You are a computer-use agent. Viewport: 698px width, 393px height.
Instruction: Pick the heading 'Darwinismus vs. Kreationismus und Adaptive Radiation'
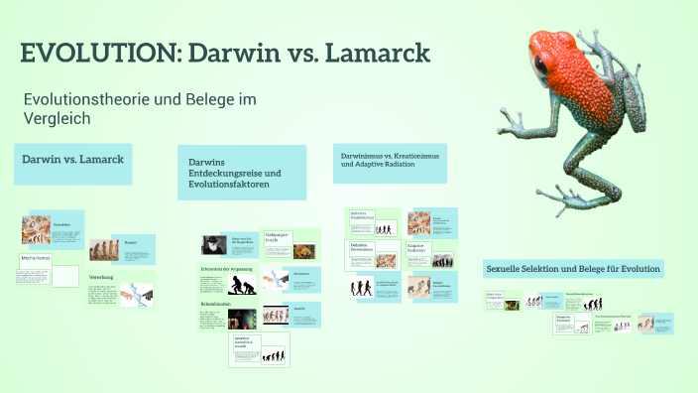click(x=390, y=161)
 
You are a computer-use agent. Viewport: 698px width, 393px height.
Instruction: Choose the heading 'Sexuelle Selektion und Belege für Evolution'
click(x=572, y=269)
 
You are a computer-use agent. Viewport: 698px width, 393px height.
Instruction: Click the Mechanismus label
click(x=36, y=258)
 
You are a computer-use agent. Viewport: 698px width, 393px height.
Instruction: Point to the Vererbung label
click(x=100, y=276)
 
